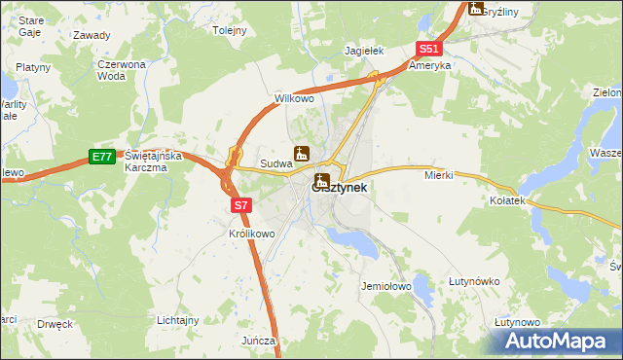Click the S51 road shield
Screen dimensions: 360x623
[430, 49]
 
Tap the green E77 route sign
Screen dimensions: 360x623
[101, 156]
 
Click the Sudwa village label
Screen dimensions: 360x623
[275, 164]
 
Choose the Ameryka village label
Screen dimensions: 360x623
[429, 66]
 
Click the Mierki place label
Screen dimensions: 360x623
[439, 175]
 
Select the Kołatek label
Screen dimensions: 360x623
[507, 199]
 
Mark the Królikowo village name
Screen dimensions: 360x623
[252, 234]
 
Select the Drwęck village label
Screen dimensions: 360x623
[55, 324]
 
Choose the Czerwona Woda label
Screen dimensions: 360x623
[121, 69]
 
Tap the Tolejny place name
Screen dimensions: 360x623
[230, 30]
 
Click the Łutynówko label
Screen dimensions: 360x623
[474, 281]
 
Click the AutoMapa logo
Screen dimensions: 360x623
[556, 341]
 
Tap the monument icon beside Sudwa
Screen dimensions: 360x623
[302, 154]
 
